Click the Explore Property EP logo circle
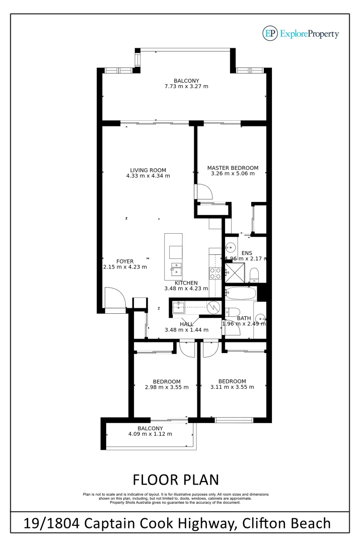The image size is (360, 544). tap(270, 33)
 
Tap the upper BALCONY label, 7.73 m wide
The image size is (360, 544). tap(186, 81)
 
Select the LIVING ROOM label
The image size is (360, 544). tap(148, 170)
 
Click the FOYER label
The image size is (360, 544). tap(125, 261)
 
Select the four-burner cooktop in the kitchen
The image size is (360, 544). tap(215, 273)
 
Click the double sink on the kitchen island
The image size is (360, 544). tap(176, 267)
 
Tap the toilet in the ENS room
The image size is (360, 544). tap(254, 274)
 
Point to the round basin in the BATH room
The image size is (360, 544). tap(260, 318)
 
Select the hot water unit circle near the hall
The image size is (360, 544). tap(214, 306)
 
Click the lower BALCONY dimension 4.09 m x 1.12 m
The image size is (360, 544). tap(150, 434)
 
